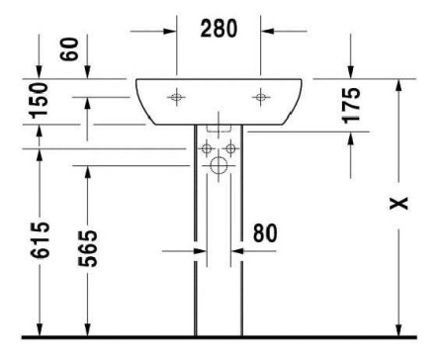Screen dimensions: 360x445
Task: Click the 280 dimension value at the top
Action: (x=220, y=29)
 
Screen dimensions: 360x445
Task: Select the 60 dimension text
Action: (x=70, y=49)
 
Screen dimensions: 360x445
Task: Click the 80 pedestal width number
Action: (x=263, y=234)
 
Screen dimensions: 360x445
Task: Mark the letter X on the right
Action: (x=398, y=204)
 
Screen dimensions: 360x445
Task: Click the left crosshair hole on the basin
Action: (x=176, y=97)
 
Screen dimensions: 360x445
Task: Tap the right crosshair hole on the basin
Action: (x=261, y=97)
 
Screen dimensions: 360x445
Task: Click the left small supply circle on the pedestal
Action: (x=207, y=149)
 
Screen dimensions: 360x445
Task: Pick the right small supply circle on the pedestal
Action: (x=231, y=149)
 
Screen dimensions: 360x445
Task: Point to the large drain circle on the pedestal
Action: (x=219, y=166)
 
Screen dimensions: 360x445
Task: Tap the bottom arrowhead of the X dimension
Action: (x=399, y=330)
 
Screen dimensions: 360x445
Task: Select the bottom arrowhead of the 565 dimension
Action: (x=88, y=330)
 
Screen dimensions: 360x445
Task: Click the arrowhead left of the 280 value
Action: (x=169, y=30)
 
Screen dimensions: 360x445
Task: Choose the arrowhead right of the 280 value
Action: (x=269, y=30)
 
